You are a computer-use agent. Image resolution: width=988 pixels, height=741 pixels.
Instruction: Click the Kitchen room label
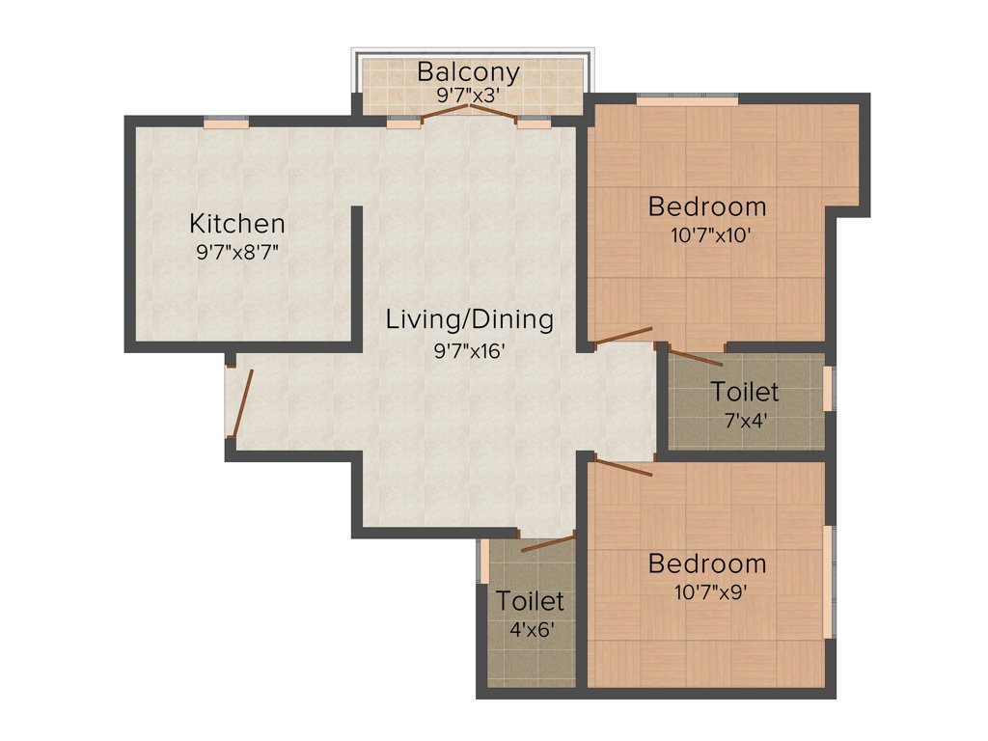tap(237, 224)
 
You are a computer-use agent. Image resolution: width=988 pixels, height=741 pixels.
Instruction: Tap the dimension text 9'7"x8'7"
tap(237, 255)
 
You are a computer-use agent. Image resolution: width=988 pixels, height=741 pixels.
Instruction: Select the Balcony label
tap(468, 71)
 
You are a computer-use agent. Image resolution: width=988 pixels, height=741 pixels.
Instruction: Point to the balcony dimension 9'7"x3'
tap(468, 96)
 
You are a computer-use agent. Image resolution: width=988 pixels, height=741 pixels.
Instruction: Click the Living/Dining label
tap(470, 319)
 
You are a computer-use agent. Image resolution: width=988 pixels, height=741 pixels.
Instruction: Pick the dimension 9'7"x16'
tap(470, 350)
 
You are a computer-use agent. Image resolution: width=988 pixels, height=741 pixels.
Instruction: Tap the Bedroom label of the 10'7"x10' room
tap(707, 206)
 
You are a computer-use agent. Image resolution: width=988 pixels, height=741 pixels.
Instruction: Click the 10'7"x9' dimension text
tap(712, 591)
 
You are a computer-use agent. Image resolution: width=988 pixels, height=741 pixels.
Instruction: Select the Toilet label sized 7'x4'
tap(744, 392)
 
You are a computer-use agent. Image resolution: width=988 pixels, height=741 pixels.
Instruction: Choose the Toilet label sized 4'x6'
tap(530, 601)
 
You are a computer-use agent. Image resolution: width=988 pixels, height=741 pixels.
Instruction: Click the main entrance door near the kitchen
tap(241, 401)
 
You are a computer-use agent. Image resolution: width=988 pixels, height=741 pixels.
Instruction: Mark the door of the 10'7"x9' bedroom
tap(624, 468)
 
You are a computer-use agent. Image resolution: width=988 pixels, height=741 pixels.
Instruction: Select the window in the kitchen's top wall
tap(226, 122)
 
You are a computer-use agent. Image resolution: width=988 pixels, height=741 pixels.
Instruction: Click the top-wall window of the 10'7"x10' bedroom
tap(687, 98)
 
